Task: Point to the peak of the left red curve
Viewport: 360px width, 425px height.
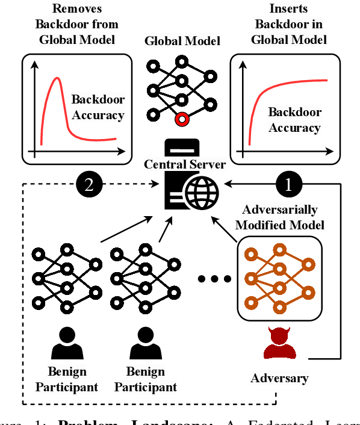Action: point(57,78)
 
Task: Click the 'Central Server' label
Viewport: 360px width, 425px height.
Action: point(184,164)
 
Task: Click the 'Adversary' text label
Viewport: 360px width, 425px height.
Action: point(279,378)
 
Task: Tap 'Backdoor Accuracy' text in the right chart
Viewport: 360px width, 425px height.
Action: point(294,120)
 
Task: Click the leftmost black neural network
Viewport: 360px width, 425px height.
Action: point(66,278)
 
